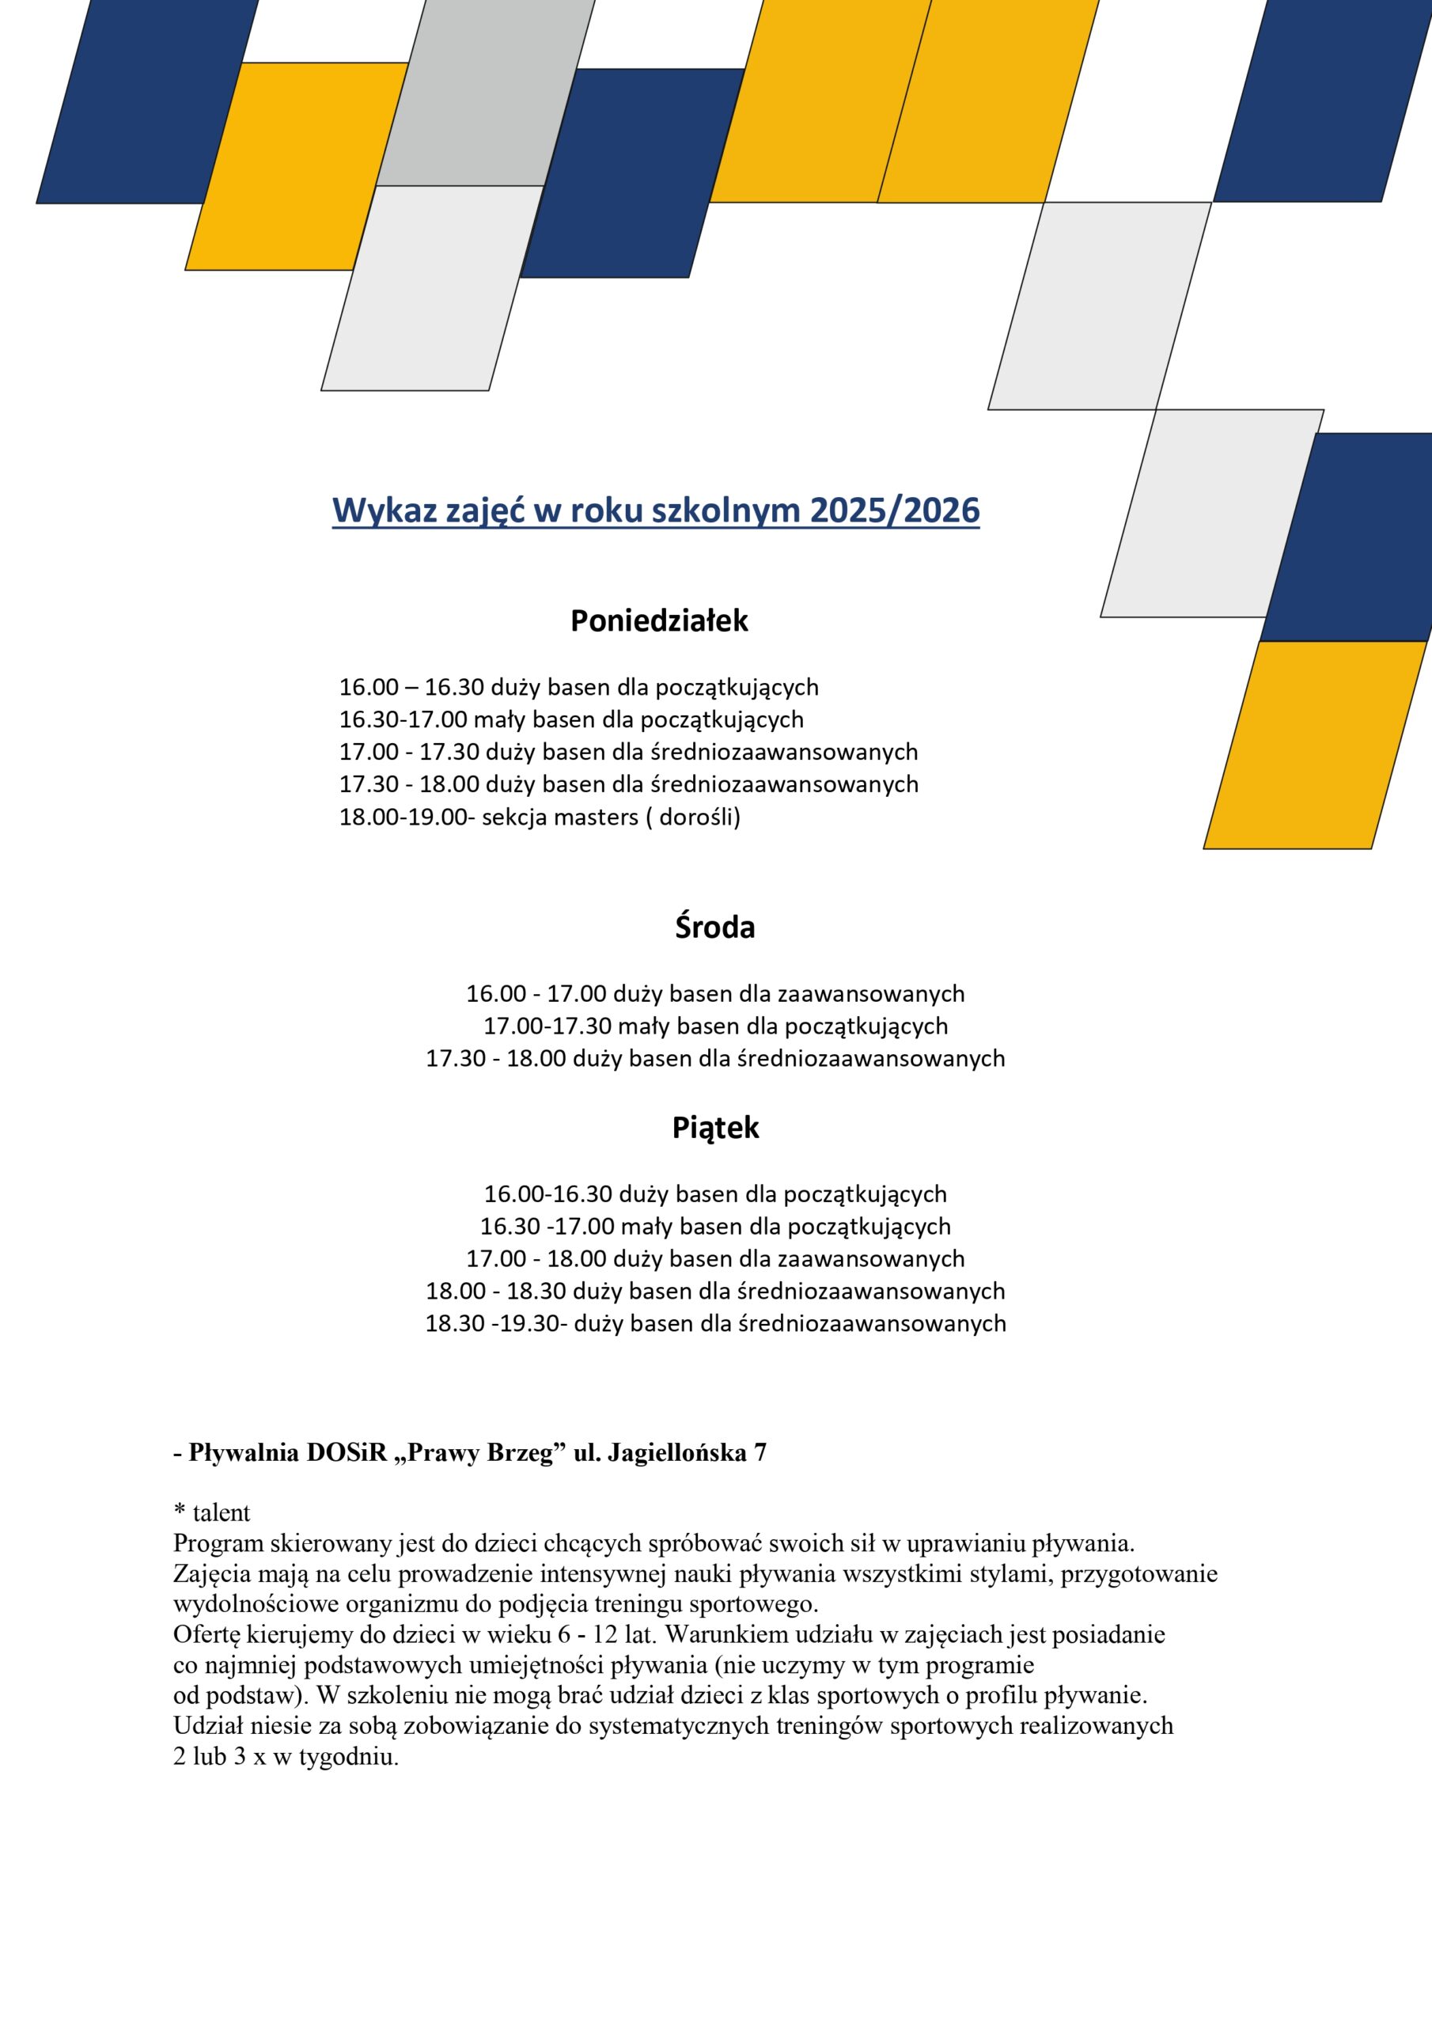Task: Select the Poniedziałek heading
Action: pyautogui.click(x=659, y=621)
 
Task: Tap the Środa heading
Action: pyautogui.click(x=714, y=928)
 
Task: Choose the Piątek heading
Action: pyautogui.click(x=715, y=1128)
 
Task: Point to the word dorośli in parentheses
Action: pyautogui.click(x=697, y=817)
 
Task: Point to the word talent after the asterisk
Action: pyautogui.click(x=222, y=1513)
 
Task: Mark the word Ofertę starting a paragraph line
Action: pyautogui.click(x=206, y=1634)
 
